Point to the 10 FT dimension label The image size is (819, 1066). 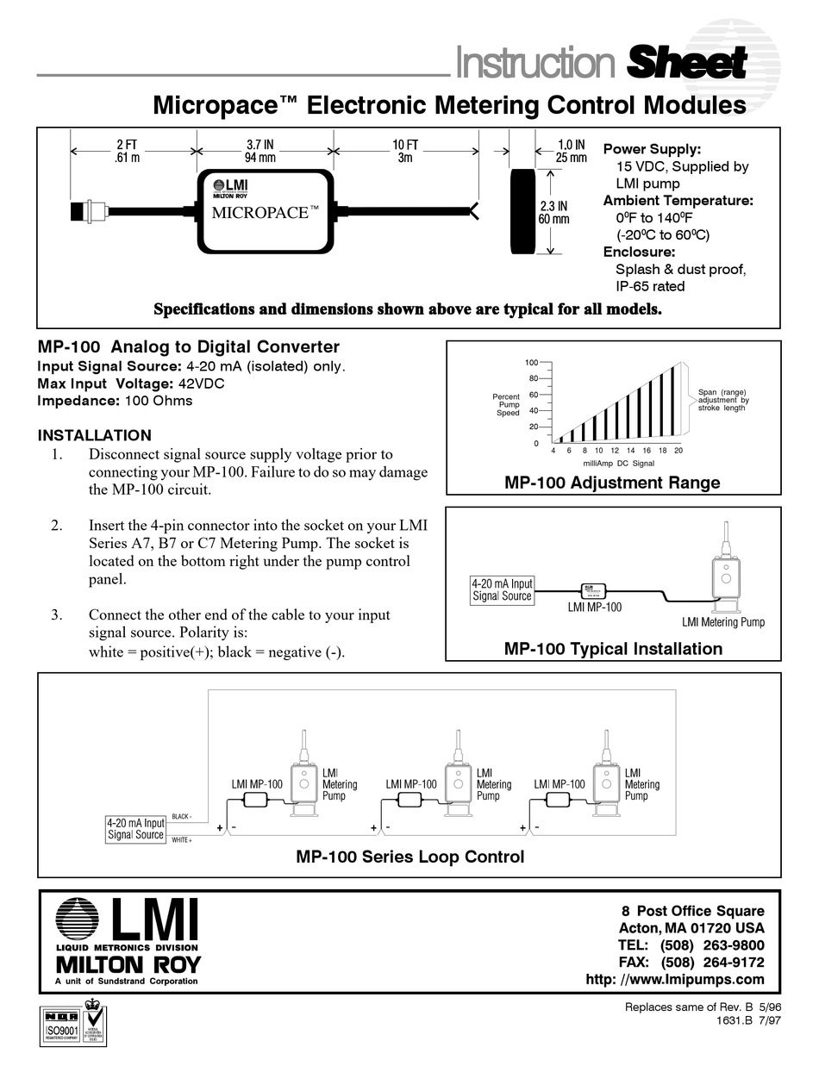tap(405, 151)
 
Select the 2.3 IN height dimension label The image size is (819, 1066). tap(555, 212)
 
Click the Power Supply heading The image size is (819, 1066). tap(652, 149)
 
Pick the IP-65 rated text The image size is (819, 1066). tap(650, 286)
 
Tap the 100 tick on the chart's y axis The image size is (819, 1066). tap(532, 363)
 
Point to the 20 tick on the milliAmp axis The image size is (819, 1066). tap(678, 451)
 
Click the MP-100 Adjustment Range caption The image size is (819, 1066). tap(612, 483)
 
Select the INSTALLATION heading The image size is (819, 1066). tap(95, 435)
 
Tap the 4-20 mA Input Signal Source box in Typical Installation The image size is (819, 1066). tap(502, 589)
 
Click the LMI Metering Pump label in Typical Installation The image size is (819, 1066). tap(722, 622)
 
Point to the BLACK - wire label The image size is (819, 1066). tap(183, 816)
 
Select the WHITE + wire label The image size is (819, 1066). tap(182, 839)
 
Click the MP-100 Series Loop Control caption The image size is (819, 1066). tap(409, 857)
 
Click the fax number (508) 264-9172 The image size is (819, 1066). tap(712, 962)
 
